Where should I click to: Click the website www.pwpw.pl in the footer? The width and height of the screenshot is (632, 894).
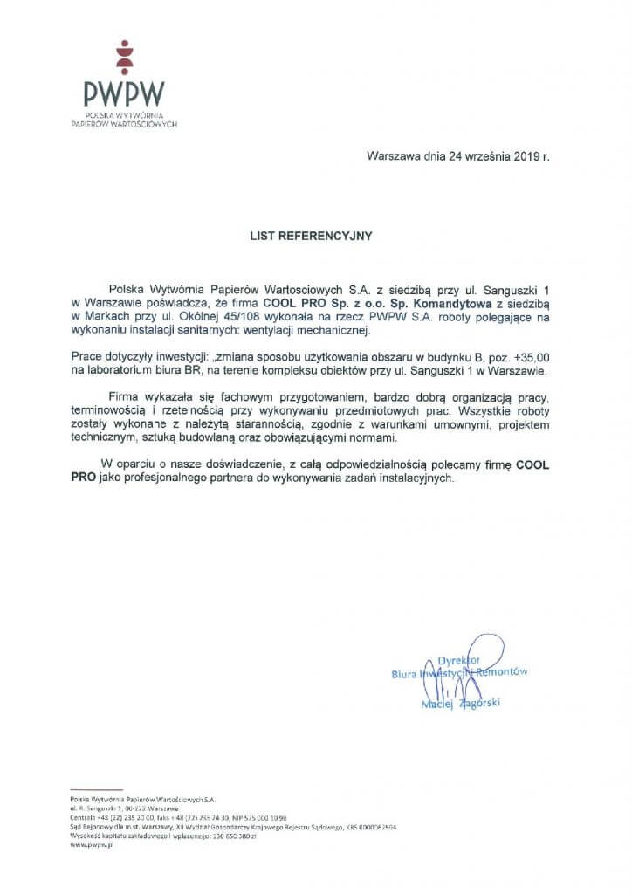coord(94,846)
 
